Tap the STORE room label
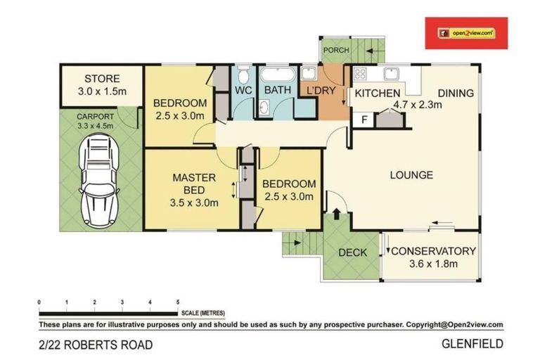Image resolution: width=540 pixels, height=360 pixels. click(x=102, y=79)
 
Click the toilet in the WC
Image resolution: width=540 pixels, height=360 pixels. click(x=242, y=75)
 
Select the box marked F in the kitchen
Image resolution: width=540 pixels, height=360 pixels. click(x=364, y=120)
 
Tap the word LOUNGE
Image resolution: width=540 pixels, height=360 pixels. click(x=411, y=175)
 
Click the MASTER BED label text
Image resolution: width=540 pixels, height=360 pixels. click(x=194, y=184)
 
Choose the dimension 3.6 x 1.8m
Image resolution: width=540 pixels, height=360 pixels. click(x=434, y=264)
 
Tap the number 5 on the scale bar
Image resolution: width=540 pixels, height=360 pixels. click(x=178, y=301)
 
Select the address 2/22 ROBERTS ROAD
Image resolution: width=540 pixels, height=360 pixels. click(x=95, y=345)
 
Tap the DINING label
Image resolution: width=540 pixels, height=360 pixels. click(x=456, y=93)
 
